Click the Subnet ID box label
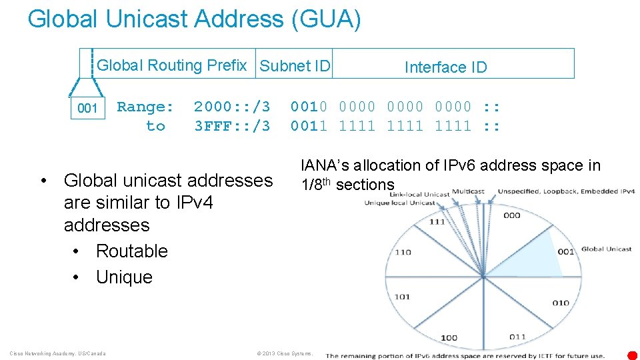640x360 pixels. (295, 66)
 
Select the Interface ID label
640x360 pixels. (445, 67)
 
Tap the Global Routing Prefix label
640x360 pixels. (172, 65)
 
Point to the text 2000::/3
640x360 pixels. (232, 107)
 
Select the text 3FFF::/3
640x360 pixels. (232, 125)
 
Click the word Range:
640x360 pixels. (145, 107)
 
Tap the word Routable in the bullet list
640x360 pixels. (131, 251)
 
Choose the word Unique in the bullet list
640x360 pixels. (124, 277)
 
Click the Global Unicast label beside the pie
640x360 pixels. (606, 249)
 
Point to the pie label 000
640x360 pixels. (512, 215)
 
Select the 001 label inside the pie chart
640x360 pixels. (565, 252)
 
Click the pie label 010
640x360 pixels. (561, 303)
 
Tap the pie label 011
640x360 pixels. (517, 337)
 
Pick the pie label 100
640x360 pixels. (449, 337)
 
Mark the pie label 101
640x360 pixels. (402, 297)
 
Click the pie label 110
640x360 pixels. (403, 252)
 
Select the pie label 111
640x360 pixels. (437, 221)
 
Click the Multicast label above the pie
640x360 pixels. (469, 191)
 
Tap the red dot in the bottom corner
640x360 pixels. (632, 355)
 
